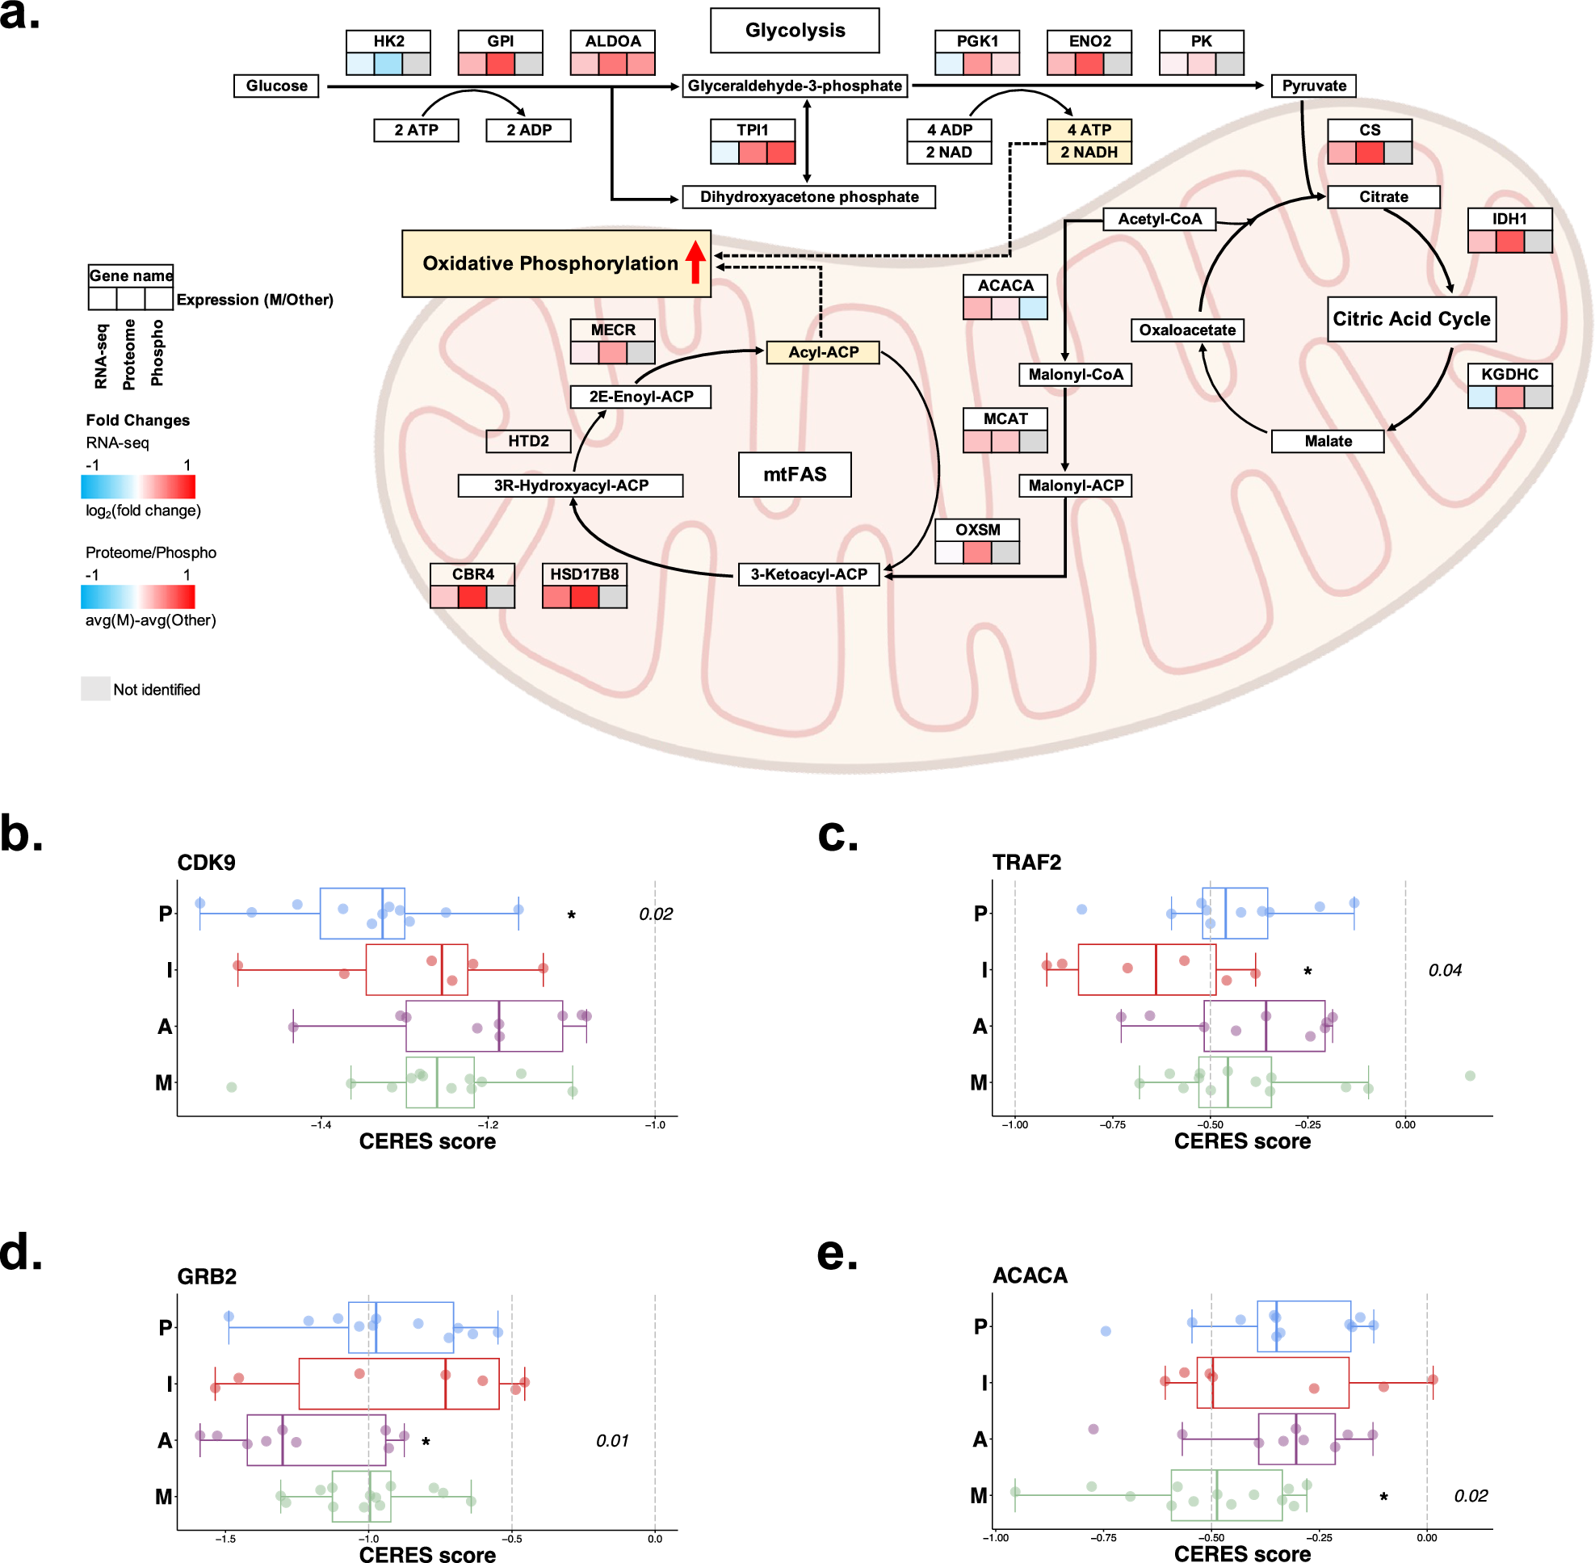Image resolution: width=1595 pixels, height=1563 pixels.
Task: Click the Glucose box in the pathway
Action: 276,86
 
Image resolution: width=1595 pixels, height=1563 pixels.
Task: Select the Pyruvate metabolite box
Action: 1312,86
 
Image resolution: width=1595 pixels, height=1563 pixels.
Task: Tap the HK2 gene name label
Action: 388,41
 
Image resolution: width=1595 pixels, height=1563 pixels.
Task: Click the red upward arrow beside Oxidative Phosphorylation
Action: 695,261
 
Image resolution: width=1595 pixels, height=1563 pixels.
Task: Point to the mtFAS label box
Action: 794,473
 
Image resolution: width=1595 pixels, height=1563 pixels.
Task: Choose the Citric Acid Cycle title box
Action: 1410,318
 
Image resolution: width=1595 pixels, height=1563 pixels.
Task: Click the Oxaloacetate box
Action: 1186,330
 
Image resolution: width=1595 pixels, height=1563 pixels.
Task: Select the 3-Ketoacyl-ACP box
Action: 808,574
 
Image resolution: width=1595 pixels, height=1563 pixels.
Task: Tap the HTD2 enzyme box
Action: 528,441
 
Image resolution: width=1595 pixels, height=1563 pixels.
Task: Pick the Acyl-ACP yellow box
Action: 823,352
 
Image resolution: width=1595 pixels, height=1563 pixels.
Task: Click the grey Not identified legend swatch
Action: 95,688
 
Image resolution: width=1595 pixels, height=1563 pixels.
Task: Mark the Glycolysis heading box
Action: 794,31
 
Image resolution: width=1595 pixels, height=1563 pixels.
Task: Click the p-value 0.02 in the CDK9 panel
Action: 655,914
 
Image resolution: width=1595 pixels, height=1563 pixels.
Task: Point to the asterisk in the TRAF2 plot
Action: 1307,971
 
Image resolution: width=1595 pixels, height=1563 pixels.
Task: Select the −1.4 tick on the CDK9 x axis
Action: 320,1124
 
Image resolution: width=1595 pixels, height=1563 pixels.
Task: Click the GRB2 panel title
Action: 207,1275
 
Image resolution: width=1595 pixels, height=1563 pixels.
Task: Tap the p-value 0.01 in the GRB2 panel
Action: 611,1440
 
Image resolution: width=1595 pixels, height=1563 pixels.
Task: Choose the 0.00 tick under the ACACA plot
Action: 1426,1537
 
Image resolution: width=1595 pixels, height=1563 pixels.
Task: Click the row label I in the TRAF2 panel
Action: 984,970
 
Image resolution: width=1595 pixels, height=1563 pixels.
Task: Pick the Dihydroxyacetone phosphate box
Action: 808,197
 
